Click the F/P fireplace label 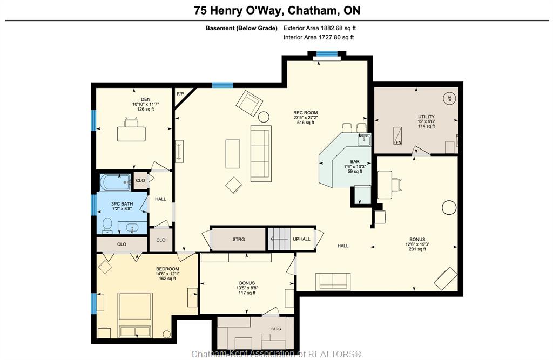click(x=180, y=94)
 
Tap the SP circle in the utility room click(x=449, y=99)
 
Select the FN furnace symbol click(x=397, y=136)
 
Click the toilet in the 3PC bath click(x=107, y=226)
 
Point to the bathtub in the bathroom click(x=116, y=182)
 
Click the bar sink click(x=363, y=140)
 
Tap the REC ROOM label click(x=306, y=113)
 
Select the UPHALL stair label click(x=301, y=239)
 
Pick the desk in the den click(x=131, y=134)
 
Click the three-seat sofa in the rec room click(x=261, y=154)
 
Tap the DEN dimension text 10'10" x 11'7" click(x=146, y=104)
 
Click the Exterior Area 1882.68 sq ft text click(x=320, y=28)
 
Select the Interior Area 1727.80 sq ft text click(x=319, y=37)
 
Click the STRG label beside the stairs click(x=238, y=240)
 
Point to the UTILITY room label click(x=426, y=117)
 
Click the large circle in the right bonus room click(x=449, y=208)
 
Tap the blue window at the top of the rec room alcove click(x=327, y=53)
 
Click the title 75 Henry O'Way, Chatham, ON click(x=277, y=10)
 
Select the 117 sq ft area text click(x=247, y=293)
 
